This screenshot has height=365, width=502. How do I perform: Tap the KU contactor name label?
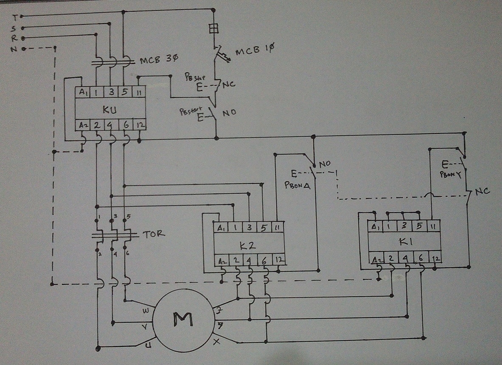[109, 109]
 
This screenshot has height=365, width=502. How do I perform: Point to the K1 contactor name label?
[404, 242]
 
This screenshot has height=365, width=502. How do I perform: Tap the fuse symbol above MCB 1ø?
[214, 28]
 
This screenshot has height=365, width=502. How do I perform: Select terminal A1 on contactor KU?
[81, 92]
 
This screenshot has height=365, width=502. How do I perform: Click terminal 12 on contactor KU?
[139, 125]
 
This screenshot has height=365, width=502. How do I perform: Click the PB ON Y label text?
[451, 173]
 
